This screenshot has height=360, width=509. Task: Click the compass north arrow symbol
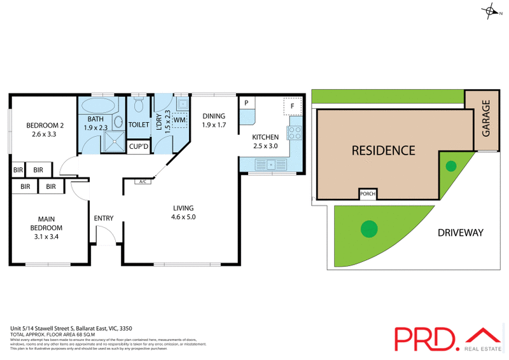[490, 11]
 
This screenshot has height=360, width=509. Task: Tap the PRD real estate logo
[446, 338]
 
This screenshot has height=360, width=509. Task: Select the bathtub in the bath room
[99, 105]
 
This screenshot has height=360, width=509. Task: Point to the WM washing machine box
[179, 120]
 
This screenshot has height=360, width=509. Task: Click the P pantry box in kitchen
[246, 103]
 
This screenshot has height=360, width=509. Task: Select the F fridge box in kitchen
[293, 106]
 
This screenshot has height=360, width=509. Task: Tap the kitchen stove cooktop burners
[295, 133]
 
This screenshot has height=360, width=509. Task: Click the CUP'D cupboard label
[139, 147]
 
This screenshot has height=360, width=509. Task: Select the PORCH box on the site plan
[367, 194]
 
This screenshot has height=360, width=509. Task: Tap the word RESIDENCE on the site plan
[384, 151]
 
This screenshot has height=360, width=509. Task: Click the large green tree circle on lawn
[368, 228]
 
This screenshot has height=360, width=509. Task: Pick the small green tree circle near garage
[450, 167]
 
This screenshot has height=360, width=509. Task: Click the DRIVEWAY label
[460, 233]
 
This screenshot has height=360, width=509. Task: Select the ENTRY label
[104, 218]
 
